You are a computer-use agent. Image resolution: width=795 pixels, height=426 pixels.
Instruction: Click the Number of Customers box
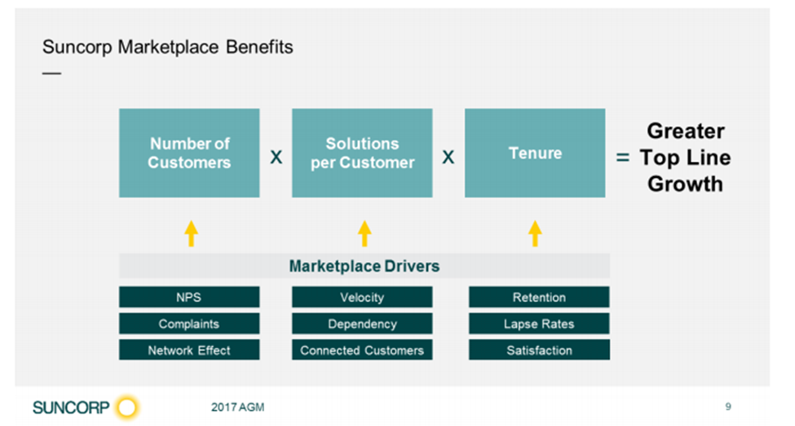pyautogui.click(x=189, y=153)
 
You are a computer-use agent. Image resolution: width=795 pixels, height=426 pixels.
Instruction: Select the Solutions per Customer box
pyautogui.click(x=362, y=153)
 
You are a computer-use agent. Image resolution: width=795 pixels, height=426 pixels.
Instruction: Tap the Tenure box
pyautogui.click(x=535, y=153)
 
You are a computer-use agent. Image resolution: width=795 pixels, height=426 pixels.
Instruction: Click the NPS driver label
pyautogui.click(x=189, y=297)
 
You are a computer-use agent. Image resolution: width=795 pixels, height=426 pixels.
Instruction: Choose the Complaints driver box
pyautogui.click(x=189, y=323)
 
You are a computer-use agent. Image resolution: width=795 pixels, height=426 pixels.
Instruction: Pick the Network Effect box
pyautogui.click(x=189, y=350)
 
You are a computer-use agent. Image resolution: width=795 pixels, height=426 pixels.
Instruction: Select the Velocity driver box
pyautogui.click(x=362, y=297)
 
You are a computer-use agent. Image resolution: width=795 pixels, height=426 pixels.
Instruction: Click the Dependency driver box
pyautogui.click(x=362, y=323)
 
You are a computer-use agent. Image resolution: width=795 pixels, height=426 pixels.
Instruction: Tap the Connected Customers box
pyautogui.click(x=362, y=350)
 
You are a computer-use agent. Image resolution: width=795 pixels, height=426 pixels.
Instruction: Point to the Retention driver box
pyautogui.click(x=539, y=297)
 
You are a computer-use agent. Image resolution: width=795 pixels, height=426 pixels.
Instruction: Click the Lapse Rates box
pyautogui.click(x=539, y=323)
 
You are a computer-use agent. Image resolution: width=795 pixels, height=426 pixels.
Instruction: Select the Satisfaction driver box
pyautogui.click(x=539, y=350)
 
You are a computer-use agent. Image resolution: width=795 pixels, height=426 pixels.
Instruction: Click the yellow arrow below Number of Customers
pyautogui.click(x=191, y=233)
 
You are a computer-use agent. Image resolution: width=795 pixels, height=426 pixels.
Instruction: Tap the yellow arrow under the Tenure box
pyautogui.click(x=535, y=233)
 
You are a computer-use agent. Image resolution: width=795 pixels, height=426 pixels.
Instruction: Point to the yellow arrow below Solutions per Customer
pyautogui.click(x=364, y=233)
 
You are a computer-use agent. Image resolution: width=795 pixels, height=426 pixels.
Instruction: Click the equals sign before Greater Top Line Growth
pyautogui.click(x=623, y=158)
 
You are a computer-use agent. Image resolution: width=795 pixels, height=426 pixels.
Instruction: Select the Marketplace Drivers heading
pyautogui.click(x=364, y=266)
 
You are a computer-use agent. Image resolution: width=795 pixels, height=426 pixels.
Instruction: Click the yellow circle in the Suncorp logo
pyautogui.click(x=126, y=407)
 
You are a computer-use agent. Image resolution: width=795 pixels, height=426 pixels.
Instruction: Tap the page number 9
pyautogui.click(x=728, y=406)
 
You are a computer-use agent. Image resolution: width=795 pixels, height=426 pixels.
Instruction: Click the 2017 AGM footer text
pyautogui.click(x=238, y=407)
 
